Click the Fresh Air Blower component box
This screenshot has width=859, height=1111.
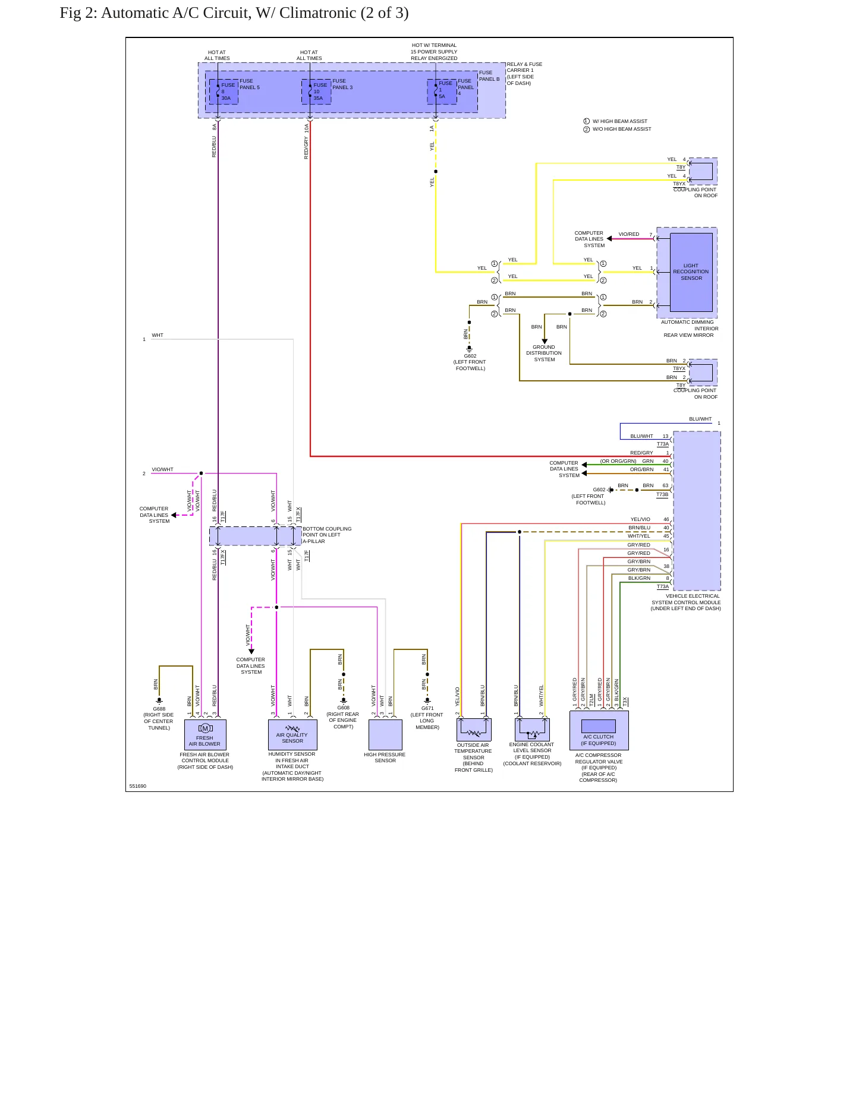point(205,735)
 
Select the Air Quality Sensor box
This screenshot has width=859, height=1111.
point(292,735)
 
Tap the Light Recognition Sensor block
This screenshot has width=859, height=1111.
point(691,272)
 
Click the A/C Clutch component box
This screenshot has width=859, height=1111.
point(599,731)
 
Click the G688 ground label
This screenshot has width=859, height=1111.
point(159,709)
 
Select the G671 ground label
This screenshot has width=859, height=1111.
point(427,708)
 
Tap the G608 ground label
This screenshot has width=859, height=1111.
point(344,708)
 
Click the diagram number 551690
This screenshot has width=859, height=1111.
point(138,786)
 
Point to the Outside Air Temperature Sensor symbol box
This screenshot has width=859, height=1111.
point(474,729)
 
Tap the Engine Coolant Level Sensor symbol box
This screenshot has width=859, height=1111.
point(532,729)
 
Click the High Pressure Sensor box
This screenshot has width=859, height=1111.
point(385,735)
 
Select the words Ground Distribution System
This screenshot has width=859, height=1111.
point(544,353)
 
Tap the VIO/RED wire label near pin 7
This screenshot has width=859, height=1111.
point(629,234)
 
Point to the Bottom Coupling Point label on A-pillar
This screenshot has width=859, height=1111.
point(327,535)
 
